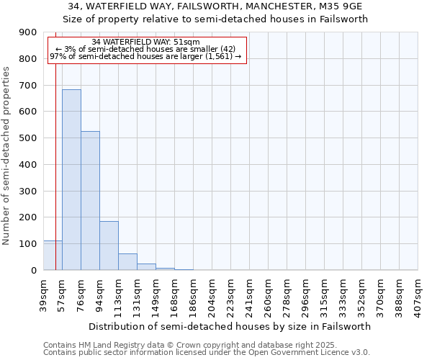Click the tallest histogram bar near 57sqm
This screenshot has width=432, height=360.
pos(71,180)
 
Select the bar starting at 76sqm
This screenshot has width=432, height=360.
pos(90,201)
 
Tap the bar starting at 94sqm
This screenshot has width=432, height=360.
pos(109,246)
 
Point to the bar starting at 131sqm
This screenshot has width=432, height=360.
pos(146,267)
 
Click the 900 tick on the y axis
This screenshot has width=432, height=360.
pos(29,32)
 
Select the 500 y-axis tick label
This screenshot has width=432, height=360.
pos(29,138)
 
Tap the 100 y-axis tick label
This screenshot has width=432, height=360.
pos(29,244)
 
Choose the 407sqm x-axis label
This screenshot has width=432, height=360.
pos(418,295)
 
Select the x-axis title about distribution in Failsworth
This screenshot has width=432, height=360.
pos(230,326)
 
